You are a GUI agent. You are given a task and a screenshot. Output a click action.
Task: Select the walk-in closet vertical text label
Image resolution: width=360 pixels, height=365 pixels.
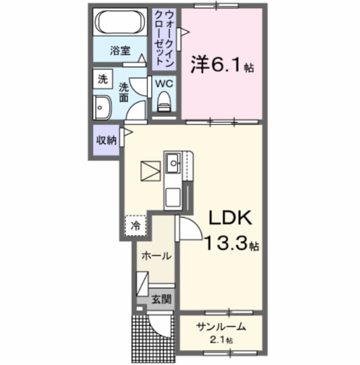(164, 38)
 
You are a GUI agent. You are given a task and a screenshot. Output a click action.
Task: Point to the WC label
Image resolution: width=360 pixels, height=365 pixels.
(163, 83)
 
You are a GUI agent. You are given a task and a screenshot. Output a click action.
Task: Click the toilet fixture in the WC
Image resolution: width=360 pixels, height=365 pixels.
(164, 101)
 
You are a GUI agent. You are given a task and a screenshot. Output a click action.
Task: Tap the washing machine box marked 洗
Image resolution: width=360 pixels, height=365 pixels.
(102, 79)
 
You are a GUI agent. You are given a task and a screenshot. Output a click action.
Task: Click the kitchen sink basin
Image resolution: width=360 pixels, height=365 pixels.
(174, 161)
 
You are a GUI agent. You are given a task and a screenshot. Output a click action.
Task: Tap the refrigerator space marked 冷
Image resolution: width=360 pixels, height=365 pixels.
(135, 224)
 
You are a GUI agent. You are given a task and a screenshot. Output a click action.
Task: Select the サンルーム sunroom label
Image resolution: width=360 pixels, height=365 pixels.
(221, 327)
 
